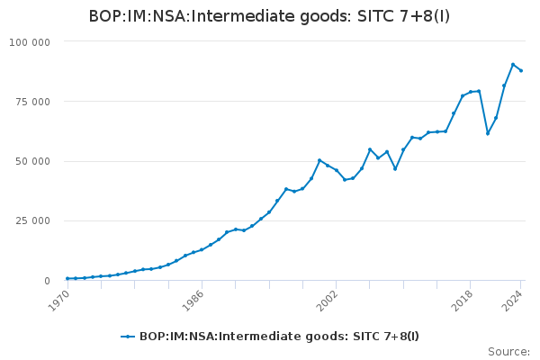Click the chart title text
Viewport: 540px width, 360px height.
tap(270, 16)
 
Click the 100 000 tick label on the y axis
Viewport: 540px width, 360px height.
tap(31, 42)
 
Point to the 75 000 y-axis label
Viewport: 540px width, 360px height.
tap(34, 102)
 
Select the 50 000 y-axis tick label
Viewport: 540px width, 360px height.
tap(34, 161)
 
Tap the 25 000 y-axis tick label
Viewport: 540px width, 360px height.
tap(34, 221)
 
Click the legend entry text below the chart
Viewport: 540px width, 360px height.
tap(279, 337)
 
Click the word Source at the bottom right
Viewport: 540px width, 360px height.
tap(508, 352)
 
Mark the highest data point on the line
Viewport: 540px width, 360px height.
tap(513, 65)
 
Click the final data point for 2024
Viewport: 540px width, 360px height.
tap(521, 70)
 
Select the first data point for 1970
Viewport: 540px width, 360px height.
tap(67, 279)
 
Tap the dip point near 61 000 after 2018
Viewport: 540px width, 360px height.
tap(488, 133)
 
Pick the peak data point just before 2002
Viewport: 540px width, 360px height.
tap(319, 160)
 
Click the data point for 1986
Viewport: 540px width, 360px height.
tap(202, 249)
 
